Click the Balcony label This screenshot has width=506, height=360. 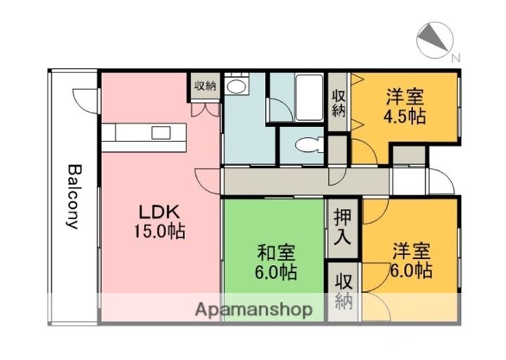(73, 197)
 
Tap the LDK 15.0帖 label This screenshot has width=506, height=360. (160, 221)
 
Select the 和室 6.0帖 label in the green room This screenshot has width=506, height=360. (276, 262)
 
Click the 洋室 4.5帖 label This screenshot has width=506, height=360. (405, 107)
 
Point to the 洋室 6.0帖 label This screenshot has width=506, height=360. (411, 261)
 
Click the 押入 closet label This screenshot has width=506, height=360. (342, 226)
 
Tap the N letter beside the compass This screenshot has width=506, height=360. (455, 58)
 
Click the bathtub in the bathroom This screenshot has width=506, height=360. (309, 98)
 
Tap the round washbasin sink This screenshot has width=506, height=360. (236, 86)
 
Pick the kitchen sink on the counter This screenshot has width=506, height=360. (161, 133)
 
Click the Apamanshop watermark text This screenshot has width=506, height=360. (254, 310)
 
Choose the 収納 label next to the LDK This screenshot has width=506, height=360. (205, 86)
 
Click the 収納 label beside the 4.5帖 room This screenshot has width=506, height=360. (339, 103)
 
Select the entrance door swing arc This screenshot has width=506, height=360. (443, 179)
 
